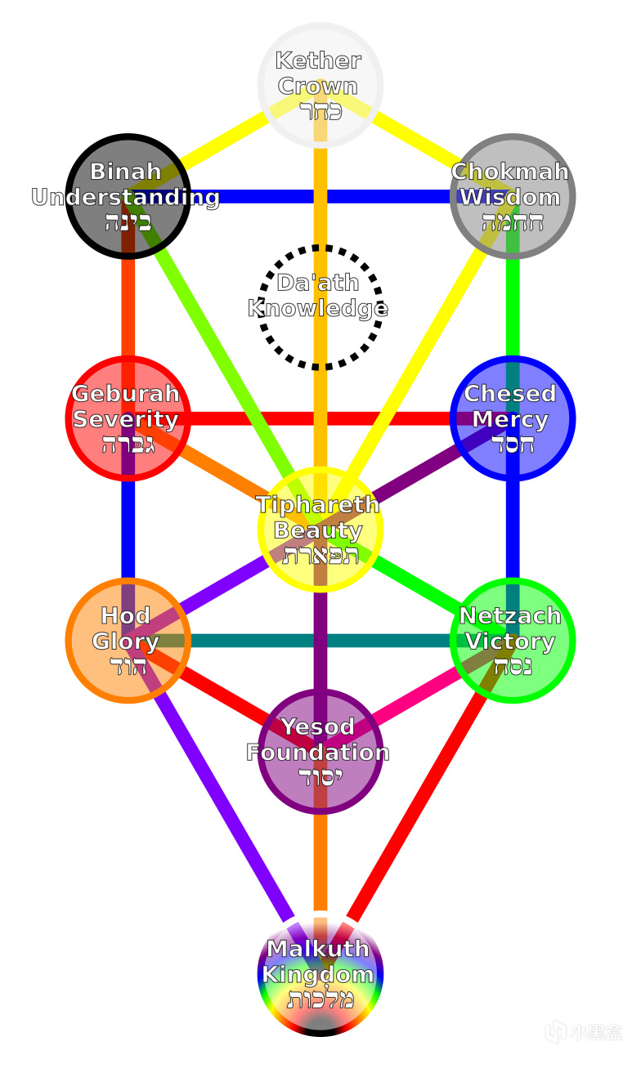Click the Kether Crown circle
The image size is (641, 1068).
[x=320, y=85]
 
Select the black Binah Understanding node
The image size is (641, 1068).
[x=128, y=196]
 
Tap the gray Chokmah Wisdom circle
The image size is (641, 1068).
[x=513, y=196]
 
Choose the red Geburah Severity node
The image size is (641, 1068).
[x=128, y=418]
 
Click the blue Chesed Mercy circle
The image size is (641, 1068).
[x=513, y=418]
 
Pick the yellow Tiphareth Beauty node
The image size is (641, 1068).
[x=320, y=529]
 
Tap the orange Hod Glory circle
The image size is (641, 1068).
[x=128, y=640]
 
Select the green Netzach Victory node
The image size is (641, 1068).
[x=513, y=640]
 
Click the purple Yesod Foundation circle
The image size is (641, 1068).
[x=320, y=751]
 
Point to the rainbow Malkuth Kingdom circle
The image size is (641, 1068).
[x=320, y=973]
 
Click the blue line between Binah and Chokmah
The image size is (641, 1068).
[x=327, y=196]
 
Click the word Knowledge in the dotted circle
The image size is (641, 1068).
[x=318, y=309]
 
